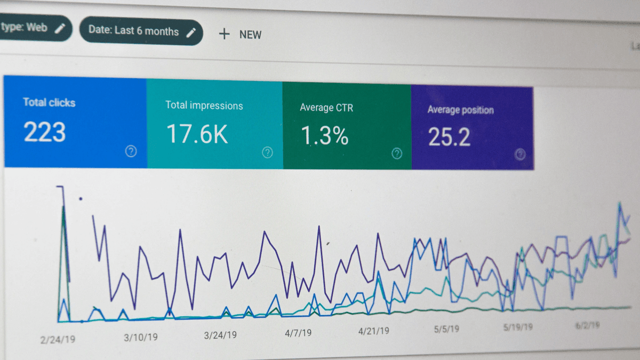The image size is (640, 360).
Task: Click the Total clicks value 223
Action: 45,132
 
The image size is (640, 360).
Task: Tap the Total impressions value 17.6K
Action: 197,134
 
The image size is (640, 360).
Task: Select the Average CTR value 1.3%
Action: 324,136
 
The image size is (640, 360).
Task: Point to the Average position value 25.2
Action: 449,138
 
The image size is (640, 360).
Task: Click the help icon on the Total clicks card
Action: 131,151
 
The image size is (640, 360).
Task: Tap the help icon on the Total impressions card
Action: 267,153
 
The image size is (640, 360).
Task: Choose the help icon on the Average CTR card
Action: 397,154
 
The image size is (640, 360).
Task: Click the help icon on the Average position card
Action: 520,155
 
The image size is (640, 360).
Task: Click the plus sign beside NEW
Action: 225,34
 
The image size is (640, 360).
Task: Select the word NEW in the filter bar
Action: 250,35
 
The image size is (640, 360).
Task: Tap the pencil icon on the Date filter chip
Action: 191,32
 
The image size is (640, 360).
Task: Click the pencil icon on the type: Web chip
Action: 60,28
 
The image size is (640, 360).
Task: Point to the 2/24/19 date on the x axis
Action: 58,338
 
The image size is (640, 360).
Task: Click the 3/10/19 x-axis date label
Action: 141,337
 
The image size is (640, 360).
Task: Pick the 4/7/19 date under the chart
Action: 298,333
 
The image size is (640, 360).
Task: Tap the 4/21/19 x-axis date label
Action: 373,331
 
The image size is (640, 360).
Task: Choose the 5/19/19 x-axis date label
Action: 518,327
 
